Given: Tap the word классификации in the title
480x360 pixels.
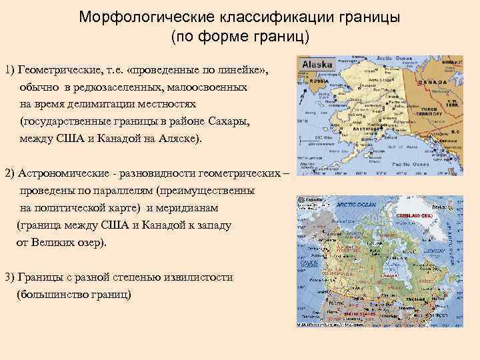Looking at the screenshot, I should [x=257, y=17].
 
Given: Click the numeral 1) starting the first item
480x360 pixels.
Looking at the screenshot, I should [x=10, y=70].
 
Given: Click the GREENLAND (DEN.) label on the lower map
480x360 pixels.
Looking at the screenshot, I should [x=415, y=217].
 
